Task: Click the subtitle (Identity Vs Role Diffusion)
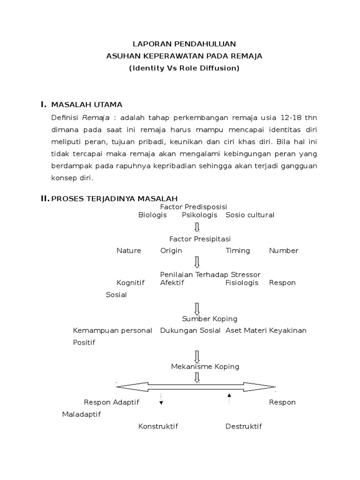[x=184, y=68]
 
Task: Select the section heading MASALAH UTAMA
[x=87, y=104]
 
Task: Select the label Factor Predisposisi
[x=194, y=207]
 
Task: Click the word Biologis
[x=152, y=215]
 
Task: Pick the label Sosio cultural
[x=250, y=215]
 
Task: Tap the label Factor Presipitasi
[x=200, y=239]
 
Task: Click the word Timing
[x=238, y=251]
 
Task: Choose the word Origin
[x=171, y=251]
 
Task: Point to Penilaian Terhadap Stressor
[x=210, y=274]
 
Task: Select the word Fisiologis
[x=242, y=283]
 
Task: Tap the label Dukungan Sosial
[x=190, y=330]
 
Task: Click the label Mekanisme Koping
[x=205, y=367]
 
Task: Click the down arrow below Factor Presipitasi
[x=197, y=262]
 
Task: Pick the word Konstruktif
[x=158, y=426]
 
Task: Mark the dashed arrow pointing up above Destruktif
[x=229, y=399]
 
